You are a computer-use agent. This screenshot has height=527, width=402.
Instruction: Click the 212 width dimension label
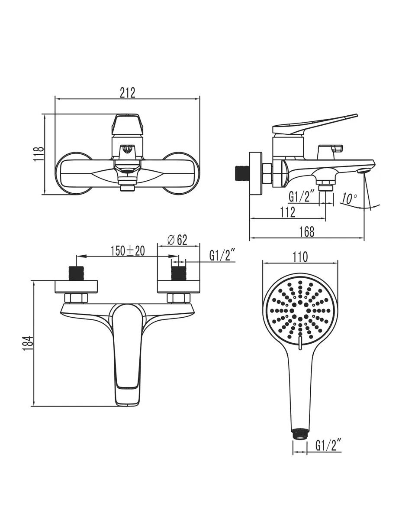point(128,93)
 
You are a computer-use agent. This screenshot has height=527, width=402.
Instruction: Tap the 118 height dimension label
point(39,154)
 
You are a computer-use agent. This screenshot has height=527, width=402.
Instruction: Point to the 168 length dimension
point(307,232)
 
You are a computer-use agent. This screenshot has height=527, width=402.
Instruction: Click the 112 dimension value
point(288,212)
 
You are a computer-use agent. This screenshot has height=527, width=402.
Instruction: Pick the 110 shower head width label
point(300,257)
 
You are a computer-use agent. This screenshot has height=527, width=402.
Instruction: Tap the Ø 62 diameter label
point(177,240)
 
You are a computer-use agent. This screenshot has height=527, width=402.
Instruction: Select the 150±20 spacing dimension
point(128,251)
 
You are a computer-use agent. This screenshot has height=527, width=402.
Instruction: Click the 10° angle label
point(349,198)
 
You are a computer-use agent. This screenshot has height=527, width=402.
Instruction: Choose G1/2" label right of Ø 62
point(222,256)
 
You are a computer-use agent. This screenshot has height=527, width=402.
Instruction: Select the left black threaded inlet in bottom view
point(76,273)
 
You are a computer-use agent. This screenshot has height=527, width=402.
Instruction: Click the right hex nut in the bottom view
point(178,298)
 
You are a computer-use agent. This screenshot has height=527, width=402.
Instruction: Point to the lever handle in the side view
point(315,124)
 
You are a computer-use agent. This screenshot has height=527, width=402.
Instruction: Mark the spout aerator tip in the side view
point(363,171)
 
